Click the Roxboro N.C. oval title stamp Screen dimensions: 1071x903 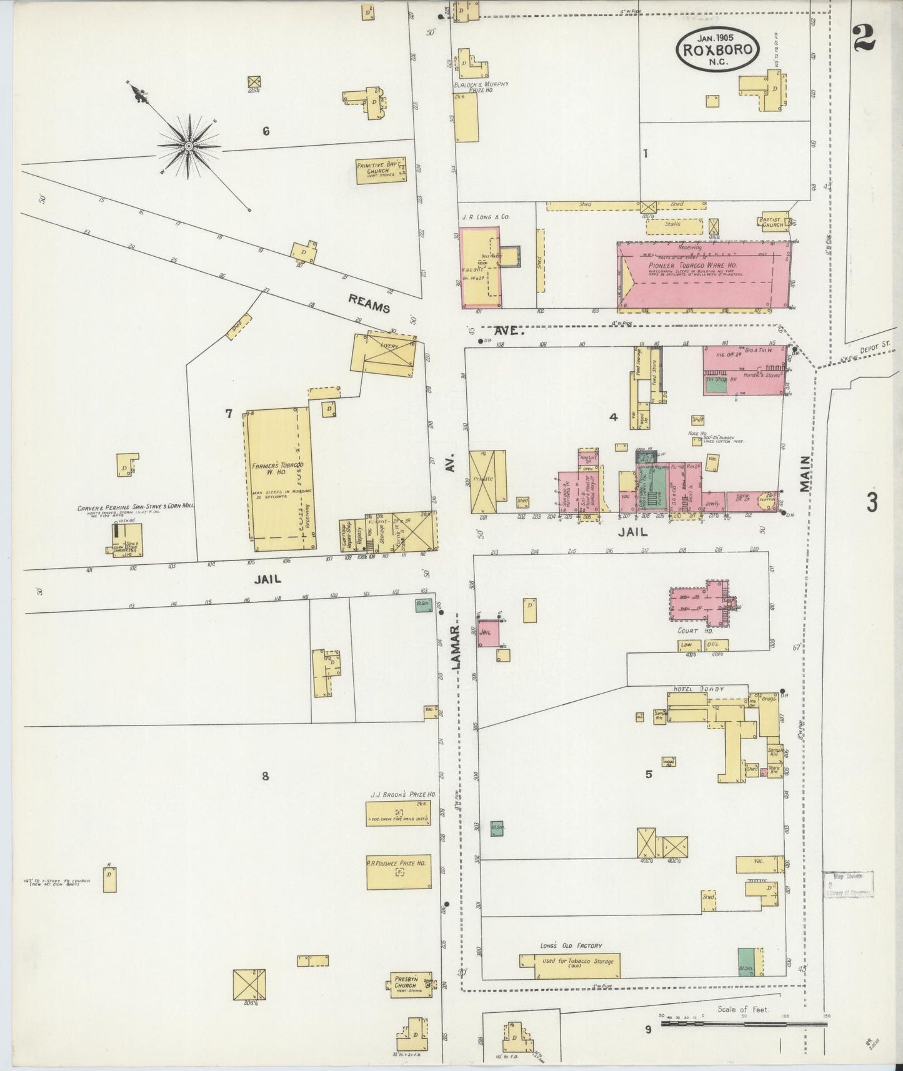[717, 49]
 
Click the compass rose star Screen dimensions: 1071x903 [188, 146]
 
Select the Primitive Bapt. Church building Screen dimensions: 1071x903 [381, 170]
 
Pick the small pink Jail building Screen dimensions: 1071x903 [488, 632]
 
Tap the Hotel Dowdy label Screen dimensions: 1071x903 [698, 689]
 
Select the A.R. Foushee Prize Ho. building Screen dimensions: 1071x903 [398, 871]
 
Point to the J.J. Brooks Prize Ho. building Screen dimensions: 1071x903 [398, 813]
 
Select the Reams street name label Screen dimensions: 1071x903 [369, 304]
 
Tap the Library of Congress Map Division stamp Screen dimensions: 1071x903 [847, 885]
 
